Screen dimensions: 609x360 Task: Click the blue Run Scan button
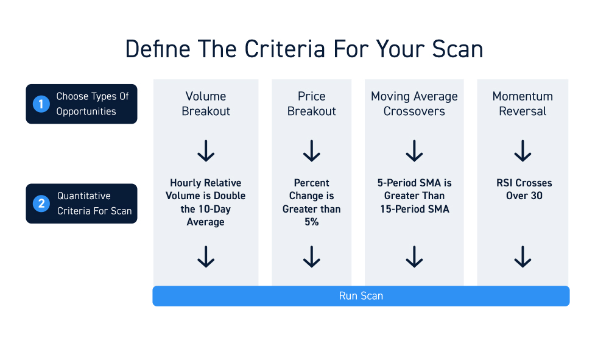(361, 296)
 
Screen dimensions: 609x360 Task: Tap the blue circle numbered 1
(41, 104)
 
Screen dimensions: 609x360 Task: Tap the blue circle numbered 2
(41, 203)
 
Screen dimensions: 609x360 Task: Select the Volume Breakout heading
(206, 104)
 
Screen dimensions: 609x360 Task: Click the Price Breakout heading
(311, 104)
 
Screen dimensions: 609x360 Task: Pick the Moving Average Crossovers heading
(414, 104)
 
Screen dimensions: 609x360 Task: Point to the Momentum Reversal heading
(523, 104)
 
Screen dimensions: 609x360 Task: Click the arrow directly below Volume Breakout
(206, 151)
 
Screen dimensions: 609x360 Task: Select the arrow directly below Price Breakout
(311, 151)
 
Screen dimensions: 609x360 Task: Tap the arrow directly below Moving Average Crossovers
(414, 151)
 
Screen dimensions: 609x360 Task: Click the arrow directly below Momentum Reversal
(523, 151)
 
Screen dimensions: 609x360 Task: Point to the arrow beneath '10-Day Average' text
(206, 256)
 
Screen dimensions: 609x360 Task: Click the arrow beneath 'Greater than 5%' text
(311, 256)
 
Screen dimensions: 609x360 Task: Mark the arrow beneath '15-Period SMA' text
(414, 256)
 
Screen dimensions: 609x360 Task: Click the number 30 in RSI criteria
(537, 196)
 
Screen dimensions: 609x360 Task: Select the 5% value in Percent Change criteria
(311, 222)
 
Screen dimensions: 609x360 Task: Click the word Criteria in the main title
(284, 49)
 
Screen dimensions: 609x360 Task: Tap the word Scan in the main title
(457, 49)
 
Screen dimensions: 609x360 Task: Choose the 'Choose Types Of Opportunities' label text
(93, 104)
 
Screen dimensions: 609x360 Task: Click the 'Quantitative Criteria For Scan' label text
(94, 203)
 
